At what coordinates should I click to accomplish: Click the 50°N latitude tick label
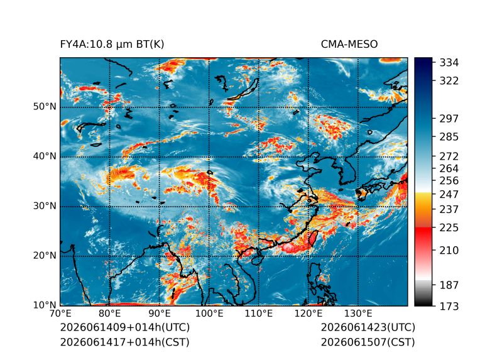(45, 107)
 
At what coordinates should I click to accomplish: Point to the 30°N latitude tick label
(45, 206)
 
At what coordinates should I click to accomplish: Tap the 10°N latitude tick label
(45, 305)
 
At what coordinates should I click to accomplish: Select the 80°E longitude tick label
(109, 314)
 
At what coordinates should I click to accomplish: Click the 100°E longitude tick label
(209, 314)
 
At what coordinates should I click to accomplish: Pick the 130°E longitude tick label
(358, 314)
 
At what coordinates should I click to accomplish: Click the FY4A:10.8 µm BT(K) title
(112, 45)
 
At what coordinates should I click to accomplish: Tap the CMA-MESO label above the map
(349, 45)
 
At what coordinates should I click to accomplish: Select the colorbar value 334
(449, 63)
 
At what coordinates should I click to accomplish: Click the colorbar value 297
(449, 119)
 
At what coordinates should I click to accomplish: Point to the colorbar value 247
(449, 194)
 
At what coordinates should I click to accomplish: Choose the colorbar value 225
(449, 228)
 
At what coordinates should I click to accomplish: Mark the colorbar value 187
(449, 285)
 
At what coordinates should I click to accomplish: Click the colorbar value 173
(449, 306)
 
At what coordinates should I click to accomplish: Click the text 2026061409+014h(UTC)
(125, 327)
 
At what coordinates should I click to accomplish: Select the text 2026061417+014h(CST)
(125, 342)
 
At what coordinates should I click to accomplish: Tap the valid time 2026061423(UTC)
(368, 327)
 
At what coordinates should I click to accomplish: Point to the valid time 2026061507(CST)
(368, 342)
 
